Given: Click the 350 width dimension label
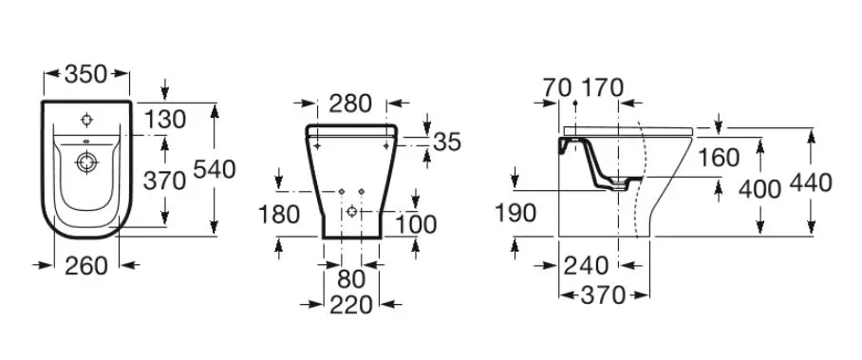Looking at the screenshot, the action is point(85,74).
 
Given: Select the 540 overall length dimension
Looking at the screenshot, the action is point(215,169).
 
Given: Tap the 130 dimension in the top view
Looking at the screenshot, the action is point(165,119).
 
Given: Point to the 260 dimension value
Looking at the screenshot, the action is point(86,266).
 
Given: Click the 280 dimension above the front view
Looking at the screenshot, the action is point(350,104).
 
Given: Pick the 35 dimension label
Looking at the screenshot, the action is point(447,142).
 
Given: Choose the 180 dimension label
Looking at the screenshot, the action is point(279,214).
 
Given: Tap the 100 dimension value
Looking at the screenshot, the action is point(416,224).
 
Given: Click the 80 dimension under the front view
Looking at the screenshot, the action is point(351,279).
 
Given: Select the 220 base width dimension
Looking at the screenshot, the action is point(351,304).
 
